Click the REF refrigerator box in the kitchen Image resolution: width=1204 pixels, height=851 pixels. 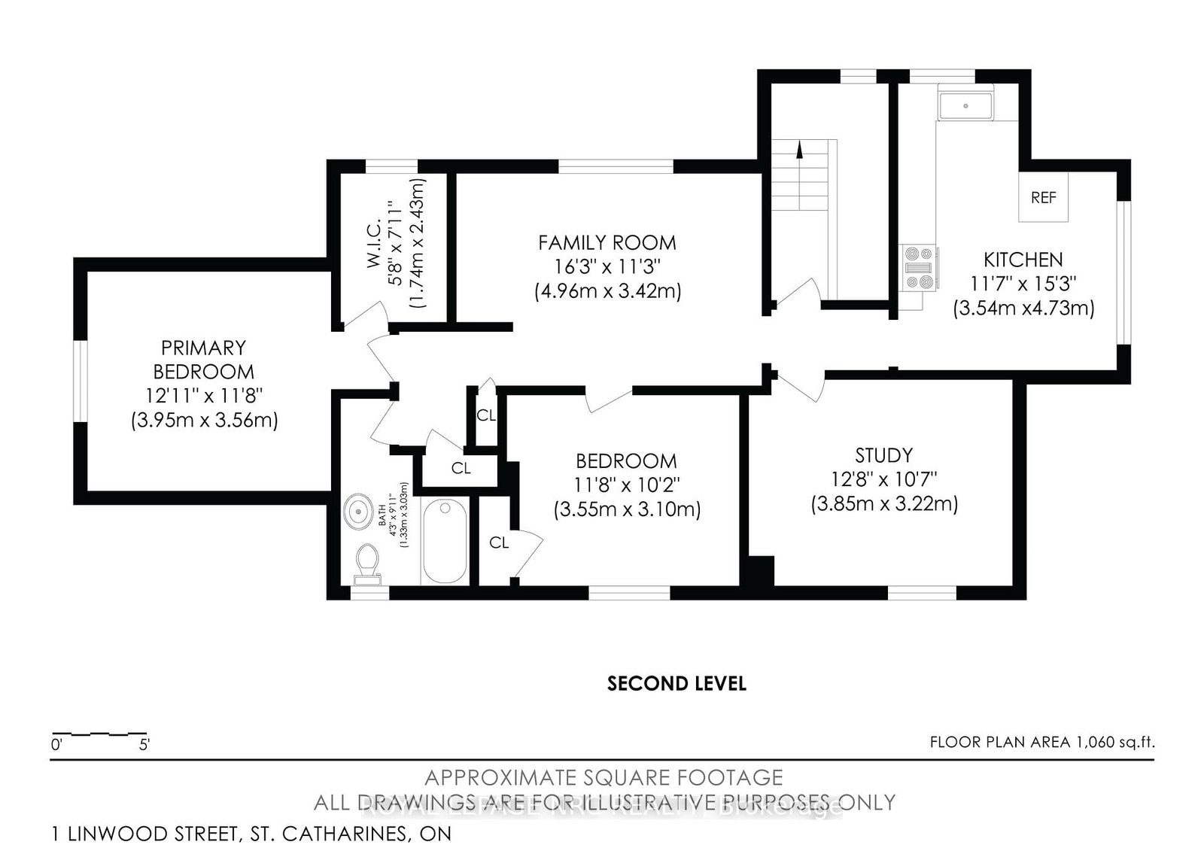click(1043, 197)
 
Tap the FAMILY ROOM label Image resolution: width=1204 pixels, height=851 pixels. click(607, 243)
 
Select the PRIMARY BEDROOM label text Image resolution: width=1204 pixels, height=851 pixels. click(204, 360)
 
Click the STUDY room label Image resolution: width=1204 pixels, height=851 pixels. click(883, 455)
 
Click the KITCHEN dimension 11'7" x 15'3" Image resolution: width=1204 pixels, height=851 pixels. click(1023, 284)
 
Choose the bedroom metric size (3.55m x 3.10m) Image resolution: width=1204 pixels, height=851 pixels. click(627, 509)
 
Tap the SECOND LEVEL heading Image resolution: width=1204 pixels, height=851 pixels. click(676, 683)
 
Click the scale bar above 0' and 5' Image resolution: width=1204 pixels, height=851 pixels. click(99, 733)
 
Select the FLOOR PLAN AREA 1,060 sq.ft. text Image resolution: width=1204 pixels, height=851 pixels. click(1041, 743)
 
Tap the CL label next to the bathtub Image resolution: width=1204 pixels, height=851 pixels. click(499, 542)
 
